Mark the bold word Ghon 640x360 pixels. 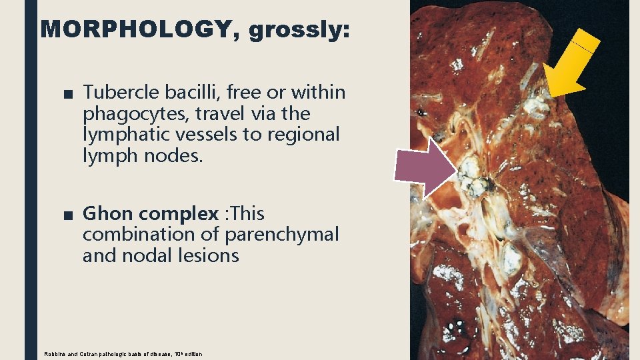click(107, 214)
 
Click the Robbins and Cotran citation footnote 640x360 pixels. click(123, 353)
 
